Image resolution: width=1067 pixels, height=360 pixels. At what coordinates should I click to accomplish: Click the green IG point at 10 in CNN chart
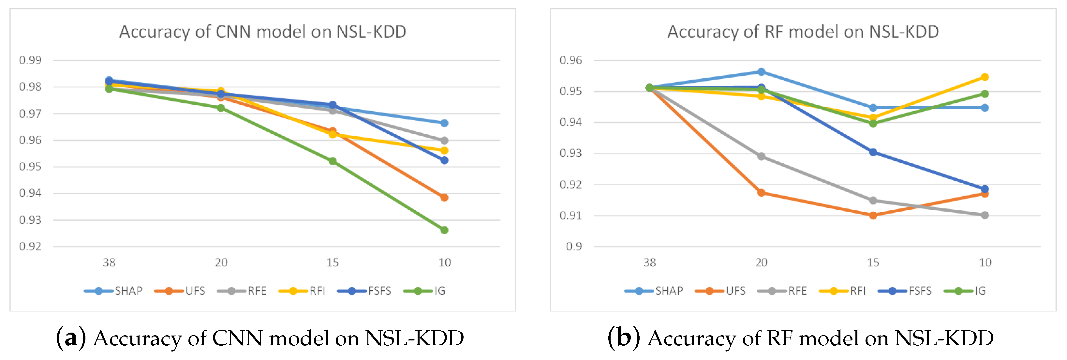(x=444, y=230)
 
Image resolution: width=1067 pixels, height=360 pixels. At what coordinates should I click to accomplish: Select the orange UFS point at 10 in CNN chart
(x=444, y=197)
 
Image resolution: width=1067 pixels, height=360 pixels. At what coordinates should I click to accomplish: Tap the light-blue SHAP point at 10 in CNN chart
(x=444, y=123)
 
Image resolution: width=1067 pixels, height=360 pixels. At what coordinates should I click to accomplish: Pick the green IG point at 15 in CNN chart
(x=333, y=161)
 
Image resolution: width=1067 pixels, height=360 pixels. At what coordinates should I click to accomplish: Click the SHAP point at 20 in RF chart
(x=761, y=72)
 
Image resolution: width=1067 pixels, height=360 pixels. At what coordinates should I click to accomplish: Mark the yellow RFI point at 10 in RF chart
(x=985, y=77)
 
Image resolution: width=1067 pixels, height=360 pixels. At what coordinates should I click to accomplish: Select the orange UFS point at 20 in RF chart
(x=761, y=193)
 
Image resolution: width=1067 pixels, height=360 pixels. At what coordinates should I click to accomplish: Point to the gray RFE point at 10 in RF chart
(x=985, y=215)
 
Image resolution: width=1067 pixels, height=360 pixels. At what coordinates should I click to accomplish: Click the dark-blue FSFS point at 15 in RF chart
(x=873, y=152)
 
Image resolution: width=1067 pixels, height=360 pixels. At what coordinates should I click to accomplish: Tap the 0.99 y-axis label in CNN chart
(x=30, y=60)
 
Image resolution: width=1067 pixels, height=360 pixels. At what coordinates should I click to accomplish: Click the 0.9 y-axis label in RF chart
(x=574, y=247)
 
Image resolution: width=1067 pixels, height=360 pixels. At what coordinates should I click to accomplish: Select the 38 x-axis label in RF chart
(x=649, y=262)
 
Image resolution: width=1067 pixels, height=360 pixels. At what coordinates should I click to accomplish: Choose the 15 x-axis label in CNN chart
(x=333, y=262)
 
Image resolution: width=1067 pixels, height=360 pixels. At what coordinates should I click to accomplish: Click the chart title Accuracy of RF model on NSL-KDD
(x=803, y=32)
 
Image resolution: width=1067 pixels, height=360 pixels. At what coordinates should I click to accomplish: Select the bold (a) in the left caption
(x=71, y=338)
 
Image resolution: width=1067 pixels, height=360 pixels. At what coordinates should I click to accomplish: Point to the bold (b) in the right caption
(x=623, y=338)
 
